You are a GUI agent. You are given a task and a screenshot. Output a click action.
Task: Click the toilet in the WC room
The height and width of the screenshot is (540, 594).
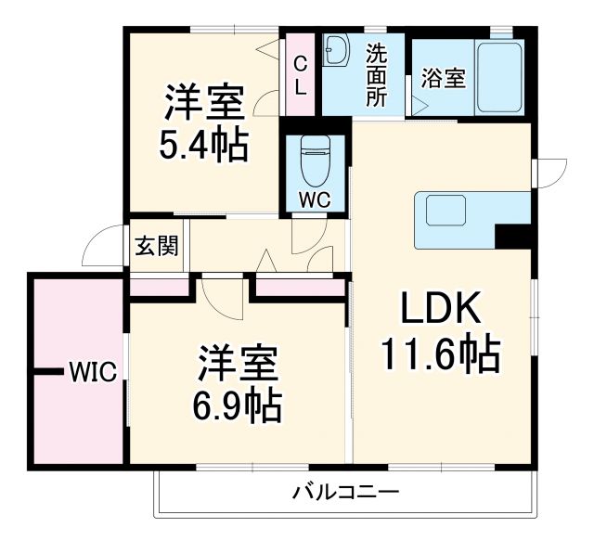pyautogui.click(x=316, y=164)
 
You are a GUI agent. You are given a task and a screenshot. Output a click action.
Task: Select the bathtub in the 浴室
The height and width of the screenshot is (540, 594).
pyautogui.click(x=499, y=79)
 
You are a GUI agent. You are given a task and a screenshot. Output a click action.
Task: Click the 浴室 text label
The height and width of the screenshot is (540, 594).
pyautogui.click(x=443, y=79)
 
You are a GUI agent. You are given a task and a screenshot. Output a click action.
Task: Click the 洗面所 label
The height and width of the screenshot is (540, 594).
pyautogui.click(x=376, y=75)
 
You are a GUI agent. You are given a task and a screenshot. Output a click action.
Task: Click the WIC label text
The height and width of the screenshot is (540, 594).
pyautogui.click(x=92, y=373)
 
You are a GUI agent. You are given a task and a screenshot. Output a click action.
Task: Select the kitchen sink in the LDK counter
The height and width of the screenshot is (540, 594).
pyautogui.click(x=445, y=212)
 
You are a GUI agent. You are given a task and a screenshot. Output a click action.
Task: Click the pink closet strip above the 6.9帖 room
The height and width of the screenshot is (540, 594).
pyautogui.click(x=295, y=287)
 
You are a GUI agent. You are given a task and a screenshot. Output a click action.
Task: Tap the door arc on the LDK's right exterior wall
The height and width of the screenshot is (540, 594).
pyautogui.click(x=554, y=172)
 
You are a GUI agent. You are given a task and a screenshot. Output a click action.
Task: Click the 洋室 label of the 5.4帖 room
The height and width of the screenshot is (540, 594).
pyautogui.click(x=204, y=102)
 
